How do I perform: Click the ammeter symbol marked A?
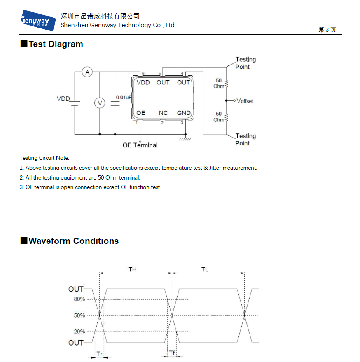pyautogui.click(x=87, y=72)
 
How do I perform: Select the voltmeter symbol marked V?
pyautogui.click(x=100, y=103)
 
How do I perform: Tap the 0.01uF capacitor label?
pyautogui.click(x=124, y=98)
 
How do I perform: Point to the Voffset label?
pyautogui.click(x=245, y=101)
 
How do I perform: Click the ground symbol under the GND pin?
pyautogui.click(x=185, y=139)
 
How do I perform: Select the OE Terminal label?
pyautogui.click(x=140, y=145)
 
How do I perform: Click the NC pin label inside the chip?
pyautogui.click(x=163, y=113)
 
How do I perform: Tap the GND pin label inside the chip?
pyautogui.click(x=184, y=113)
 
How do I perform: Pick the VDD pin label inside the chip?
pyautogui.click(x=143, y=82)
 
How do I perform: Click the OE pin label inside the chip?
pyautogui.click(x=140, y=113)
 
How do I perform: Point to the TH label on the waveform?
pyautogui.click(x=133, y=269)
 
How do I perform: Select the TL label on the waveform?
pyautogui.click(x=205, y=269)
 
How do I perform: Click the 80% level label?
pyautogui.click(x=79, y=299)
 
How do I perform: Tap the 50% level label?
pyautogui.click(x=79, y=315)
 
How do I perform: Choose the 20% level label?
pyautogui.click(x=79, y=332)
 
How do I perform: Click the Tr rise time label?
pyautogui.click(x=100, y=354)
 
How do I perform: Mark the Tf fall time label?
pyautogui.click(x=172, y=353)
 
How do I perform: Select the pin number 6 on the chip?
pyautogui.click(x=143, y=73)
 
